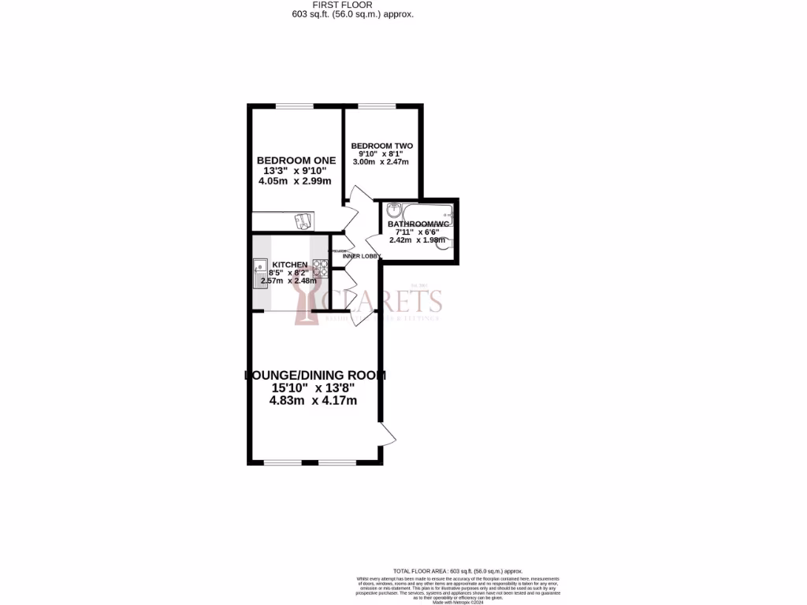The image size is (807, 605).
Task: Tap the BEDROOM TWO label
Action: (x=381, y=147)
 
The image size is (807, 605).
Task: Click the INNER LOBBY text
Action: (x=362, y=257)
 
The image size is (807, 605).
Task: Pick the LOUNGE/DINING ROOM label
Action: (x=315, y=376)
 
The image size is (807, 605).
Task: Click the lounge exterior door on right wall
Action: (x=387, y=434)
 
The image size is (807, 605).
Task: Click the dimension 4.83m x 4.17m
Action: (x=314, y=400)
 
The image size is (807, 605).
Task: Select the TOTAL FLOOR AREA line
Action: (x=456, y=571)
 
